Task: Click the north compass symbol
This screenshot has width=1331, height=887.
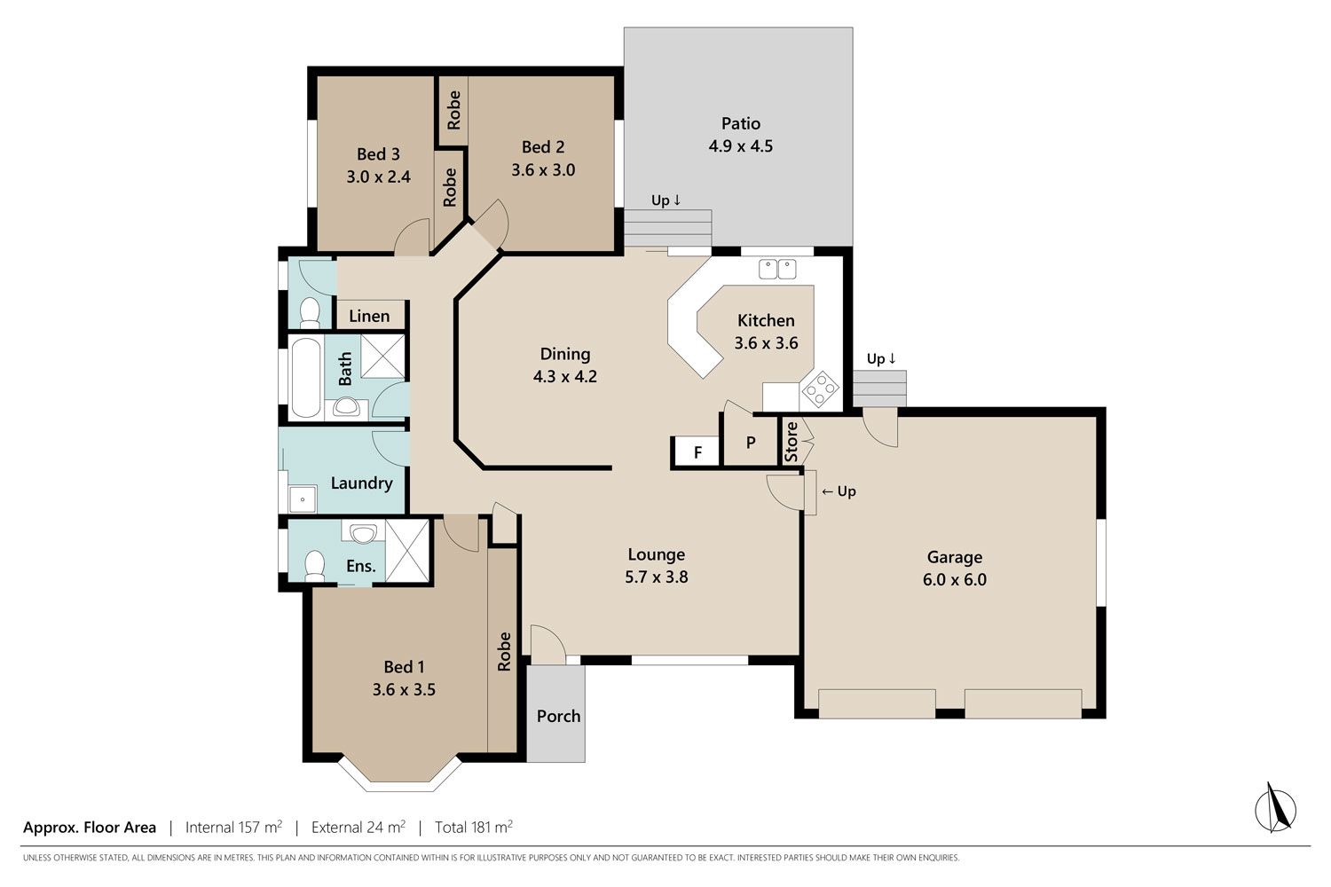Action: coord(1275,809)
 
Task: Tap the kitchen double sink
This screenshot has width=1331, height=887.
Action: coord(777,269)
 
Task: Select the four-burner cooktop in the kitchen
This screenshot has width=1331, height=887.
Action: coord(820,389)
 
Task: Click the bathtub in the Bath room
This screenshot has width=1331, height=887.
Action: coord(306,378)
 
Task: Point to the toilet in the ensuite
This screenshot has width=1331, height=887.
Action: coord(314,566)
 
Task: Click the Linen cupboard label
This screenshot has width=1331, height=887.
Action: coord(369,316)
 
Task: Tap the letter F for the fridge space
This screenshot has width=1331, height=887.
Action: coord(698,452)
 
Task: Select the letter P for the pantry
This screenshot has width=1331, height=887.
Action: coord(751,443)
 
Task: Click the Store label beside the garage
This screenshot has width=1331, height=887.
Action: coord(791,442)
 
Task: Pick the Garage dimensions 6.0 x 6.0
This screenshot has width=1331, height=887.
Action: coord(954,579)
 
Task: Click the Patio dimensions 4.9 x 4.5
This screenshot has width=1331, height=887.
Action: coord(740,145)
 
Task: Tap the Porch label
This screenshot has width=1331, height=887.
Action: coord(558,716)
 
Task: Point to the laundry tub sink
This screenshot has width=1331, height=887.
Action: coord(303,499)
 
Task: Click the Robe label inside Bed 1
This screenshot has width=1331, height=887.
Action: coord(504,652)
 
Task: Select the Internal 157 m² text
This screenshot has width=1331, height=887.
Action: coord(233,827)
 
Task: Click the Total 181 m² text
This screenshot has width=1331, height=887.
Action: coord(474,827)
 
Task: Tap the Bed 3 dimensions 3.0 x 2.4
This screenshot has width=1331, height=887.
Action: coord(379,177)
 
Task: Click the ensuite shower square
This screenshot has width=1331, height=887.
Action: coord(407,551)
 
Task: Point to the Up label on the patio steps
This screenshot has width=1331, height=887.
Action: coord(665,200)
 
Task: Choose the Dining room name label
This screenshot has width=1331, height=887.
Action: coord(565,354)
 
